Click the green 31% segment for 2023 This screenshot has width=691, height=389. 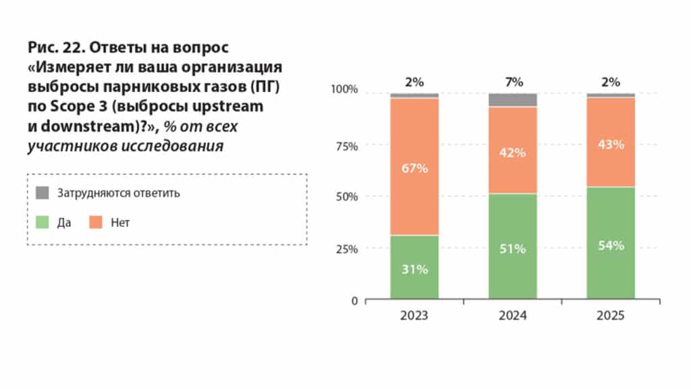[x=414, y=267]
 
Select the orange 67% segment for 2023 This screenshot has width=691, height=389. [x=414, y=167]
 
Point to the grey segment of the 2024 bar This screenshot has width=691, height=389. [x=513, y=100]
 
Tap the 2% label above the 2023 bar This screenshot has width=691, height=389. [x=414, y=82]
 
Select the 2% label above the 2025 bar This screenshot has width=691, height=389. [x=611, y=82]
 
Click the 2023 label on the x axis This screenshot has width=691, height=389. [x=414, y=315]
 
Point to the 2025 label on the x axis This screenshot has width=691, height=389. [x=611, y=315]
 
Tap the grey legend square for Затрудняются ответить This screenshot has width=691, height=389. [x=43, y=193]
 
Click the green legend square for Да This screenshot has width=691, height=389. [x=43, y=222]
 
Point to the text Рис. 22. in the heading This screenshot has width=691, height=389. [x=55, y=48]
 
